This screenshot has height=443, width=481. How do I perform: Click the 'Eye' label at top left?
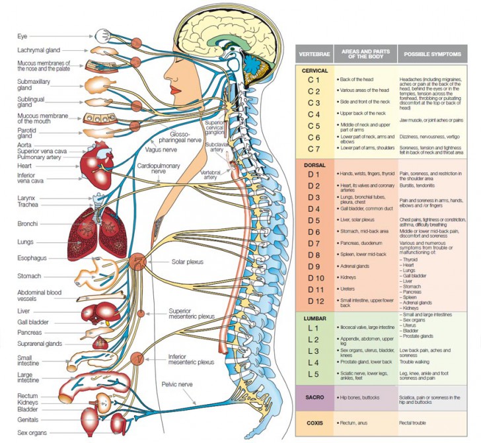pyautogui.click(x=22, y=36)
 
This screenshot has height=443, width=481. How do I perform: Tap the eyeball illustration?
pyautogui.click(x=103, y=36)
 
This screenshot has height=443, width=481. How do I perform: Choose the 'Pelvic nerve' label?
pyautogui.click(x=177, y=383)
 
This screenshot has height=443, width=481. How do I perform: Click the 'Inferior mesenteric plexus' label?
pyautogui.click(x=191, y=358)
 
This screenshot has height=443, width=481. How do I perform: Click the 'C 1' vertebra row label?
pyautogui.click(x=314, y=80)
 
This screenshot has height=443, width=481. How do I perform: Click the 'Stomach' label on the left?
pyautogui.click(x=30, y=276)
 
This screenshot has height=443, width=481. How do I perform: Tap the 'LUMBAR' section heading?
pyautogui.click(x=314, y=318)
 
